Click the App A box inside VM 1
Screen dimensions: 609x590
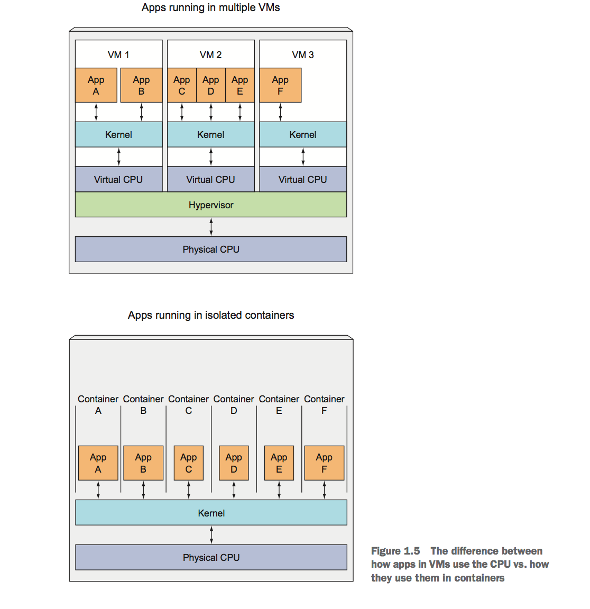[96, 85]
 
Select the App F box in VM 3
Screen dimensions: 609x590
[280, 85]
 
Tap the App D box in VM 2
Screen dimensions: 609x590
[210, 85]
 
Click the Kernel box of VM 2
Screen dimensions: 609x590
[210, 135]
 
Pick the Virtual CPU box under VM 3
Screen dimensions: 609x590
[302, 180]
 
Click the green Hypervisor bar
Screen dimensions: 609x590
[210, 205]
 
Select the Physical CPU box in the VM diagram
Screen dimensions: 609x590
[210, 250]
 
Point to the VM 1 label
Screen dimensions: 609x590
[118, 55]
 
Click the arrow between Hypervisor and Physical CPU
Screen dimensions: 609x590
[211, 227]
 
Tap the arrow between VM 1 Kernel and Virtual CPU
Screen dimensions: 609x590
[119, 157]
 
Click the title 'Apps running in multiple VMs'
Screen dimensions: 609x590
[210, 8]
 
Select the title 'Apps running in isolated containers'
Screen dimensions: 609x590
[210, 316]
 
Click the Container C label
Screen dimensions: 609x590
[188, 405]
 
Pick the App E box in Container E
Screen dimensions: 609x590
[279, 463]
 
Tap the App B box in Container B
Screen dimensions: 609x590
[143, 463]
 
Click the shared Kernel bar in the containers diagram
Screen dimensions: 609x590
[211, 513]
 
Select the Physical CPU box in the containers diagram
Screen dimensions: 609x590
[211, 558]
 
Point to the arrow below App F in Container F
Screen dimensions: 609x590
[324, 490]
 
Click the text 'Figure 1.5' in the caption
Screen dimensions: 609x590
[395, 551]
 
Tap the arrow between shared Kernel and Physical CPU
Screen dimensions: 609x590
[211, 535]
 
